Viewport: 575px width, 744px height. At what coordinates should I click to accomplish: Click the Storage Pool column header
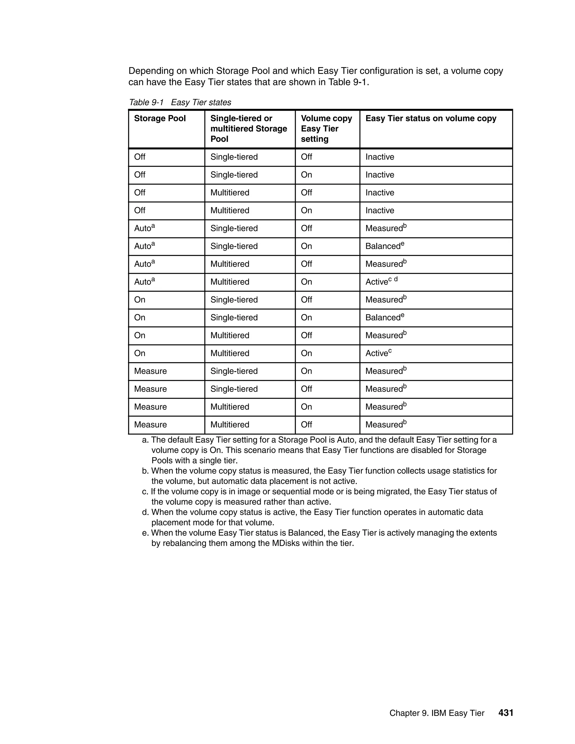(160, 118)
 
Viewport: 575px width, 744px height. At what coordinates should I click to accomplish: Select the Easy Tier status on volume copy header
(431, 118)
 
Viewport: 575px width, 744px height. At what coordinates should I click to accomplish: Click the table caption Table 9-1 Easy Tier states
(180, 102)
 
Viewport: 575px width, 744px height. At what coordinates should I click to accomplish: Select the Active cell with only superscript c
(378, 353)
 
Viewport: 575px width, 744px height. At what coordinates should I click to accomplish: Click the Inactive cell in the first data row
(380, 157)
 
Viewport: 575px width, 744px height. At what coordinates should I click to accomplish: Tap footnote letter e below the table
(145, 533)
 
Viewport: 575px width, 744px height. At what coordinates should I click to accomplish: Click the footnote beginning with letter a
(319, 450)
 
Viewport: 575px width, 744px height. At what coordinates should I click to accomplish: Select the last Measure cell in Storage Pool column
(150, 425)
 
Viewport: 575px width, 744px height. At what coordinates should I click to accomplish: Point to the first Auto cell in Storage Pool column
(144, 228)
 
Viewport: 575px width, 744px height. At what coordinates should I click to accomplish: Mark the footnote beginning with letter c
(319, 497)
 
